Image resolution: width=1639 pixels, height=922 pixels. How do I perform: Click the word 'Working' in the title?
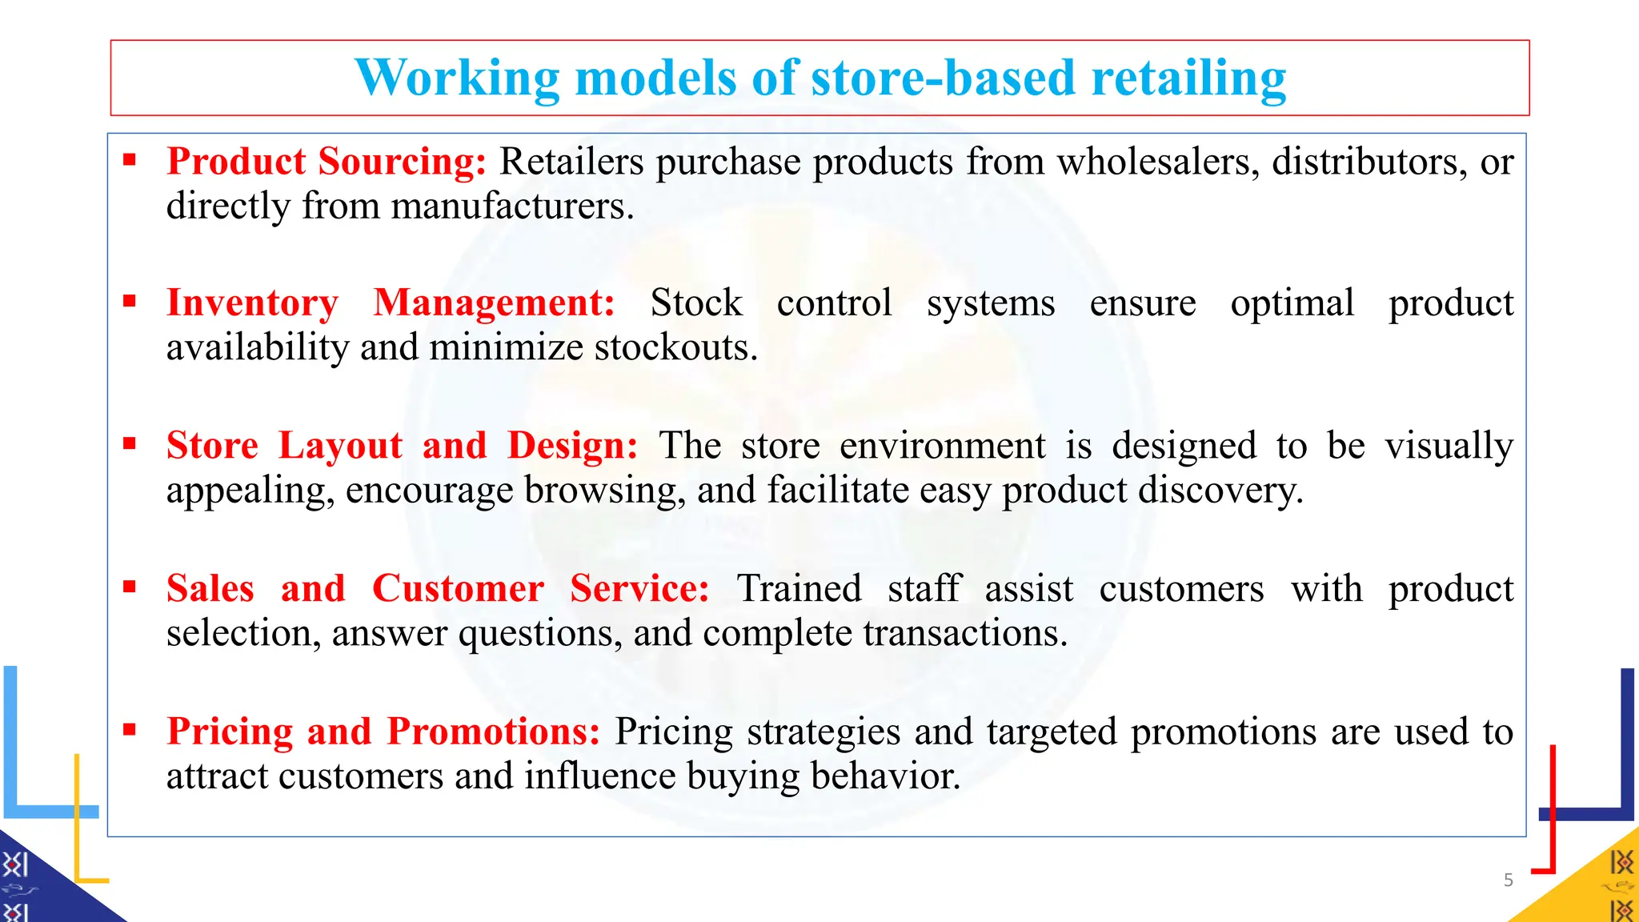point(457,78)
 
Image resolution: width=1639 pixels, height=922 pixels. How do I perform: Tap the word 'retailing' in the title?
point(1188,78)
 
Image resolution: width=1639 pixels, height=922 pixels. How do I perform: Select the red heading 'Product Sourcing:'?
point(326,162)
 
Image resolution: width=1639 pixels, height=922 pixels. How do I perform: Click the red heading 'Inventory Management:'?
point(391,303)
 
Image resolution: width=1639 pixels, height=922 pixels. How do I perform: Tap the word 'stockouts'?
point(673,348)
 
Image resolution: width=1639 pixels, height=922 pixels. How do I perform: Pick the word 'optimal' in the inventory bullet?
point(1292,303)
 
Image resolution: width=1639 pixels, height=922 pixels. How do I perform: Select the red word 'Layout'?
point(340,446)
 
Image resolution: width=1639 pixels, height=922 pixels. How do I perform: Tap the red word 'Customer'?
point(458,589)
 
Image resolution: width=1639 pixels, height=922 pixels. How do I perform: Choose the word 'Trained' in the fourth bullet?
point(799,589)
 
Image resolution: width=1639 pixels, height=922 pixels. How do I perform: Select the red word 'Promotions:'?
point(494,732)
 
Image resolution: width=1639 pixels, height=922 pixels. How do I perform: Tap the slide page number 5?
point(1509,880)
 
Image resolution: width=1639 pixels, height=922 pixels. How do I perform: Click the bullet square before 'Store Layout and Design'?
point(130,443)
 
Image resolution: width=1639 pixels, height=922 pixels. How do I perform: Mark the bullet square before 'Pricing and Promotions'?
point(130,729)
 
